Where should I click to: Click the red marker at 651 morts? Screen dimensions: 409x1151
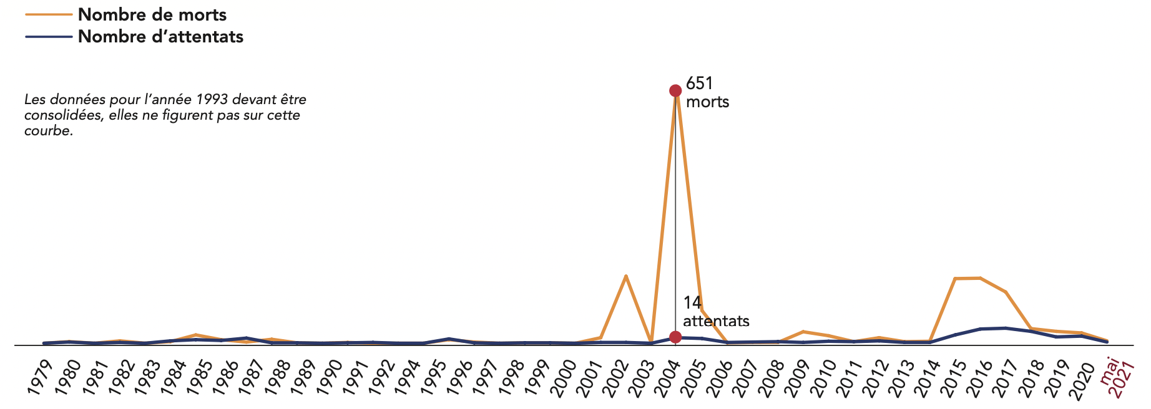click(675, 90)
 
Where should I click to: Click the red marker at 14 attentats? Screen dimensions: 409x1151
click(675, 337)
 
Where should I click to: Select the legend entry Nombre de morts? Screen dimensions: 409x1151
click(152, 14)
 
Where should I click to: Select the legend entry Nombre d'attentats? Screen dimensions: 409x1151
click(160, 37)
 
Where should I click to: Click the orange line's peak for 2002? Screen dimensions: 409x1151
click(625, 276)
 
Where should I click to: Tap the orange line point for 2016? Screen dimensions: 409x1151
click(980, 278)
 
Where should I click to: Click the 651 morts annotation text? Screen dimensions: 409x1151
click(707, 92)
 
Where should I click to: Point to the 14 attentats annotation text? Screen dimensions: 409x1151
click(715, 312)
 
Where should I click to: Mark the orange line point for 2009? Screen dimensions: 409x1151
click(803, 331)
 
